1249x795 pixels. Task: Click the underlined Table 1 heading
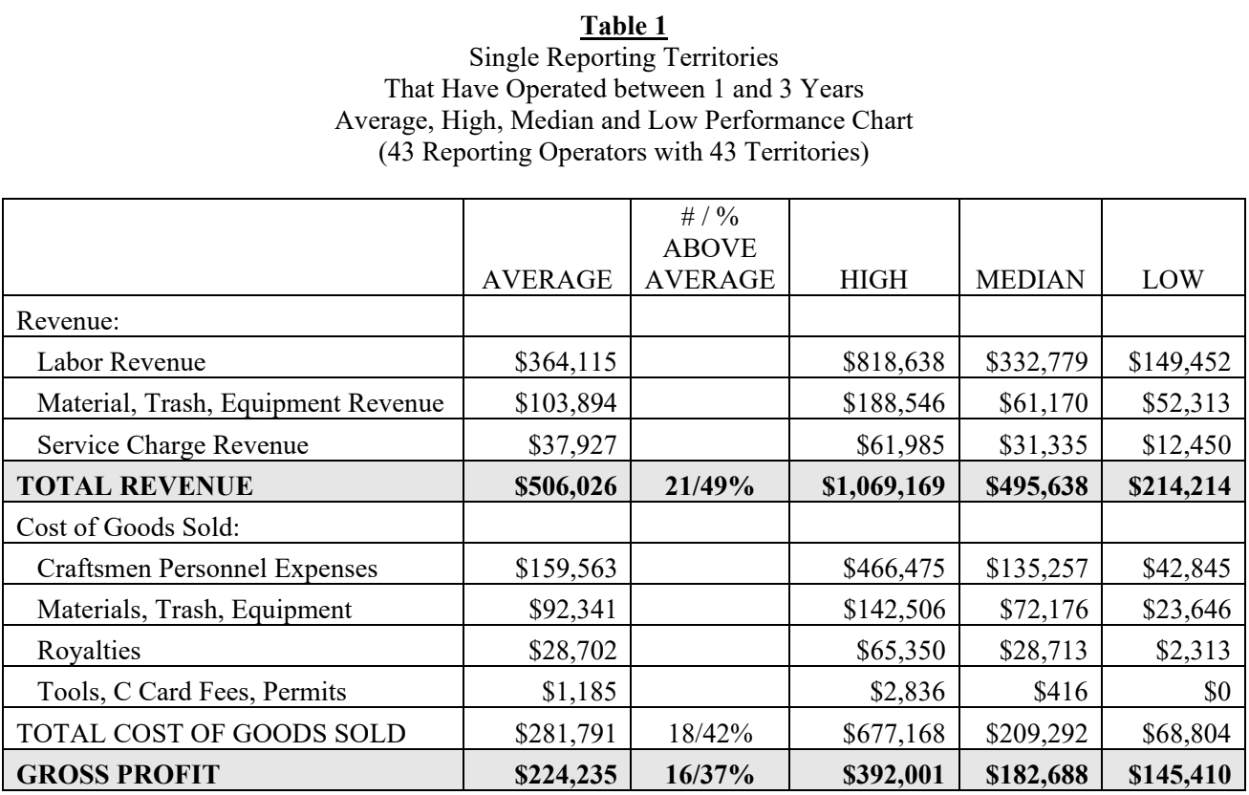(x=624, y=14)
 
